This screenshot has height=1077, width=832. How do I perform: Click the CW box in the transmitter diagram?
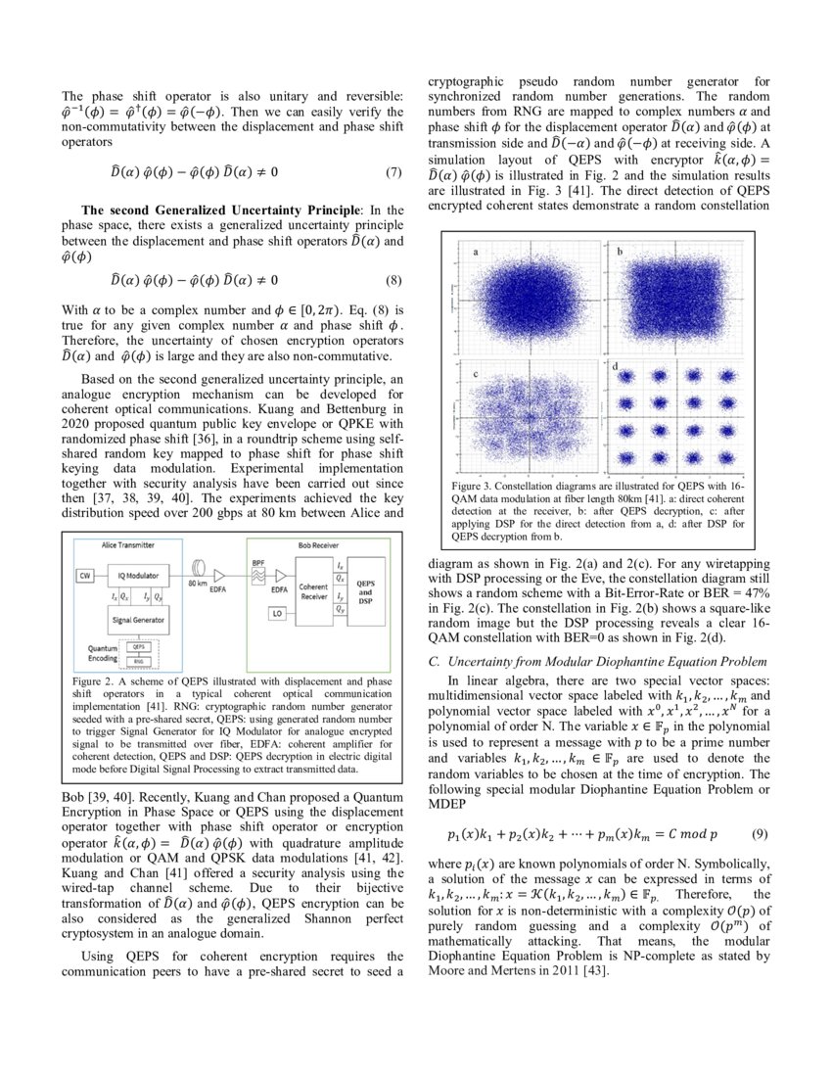coord(85,576)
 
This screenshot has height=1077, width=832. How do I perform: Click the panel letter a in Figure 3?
coord(476,252)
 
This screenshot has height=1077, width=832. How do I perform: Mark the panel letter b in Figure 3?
coord(619,252)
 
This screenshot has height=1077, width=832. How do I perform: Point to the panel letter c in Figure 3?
coord(476,374)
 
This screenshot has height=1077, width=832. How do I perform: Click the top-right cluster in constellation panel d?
coord(722,375)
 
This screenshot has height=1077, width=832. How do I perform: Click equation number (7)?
coord(393,172)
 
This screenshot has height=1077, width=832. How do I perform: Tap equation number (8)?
coord(393,279)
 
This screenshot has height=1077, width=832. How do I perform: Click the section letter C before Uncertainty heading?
coord(434,662)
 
